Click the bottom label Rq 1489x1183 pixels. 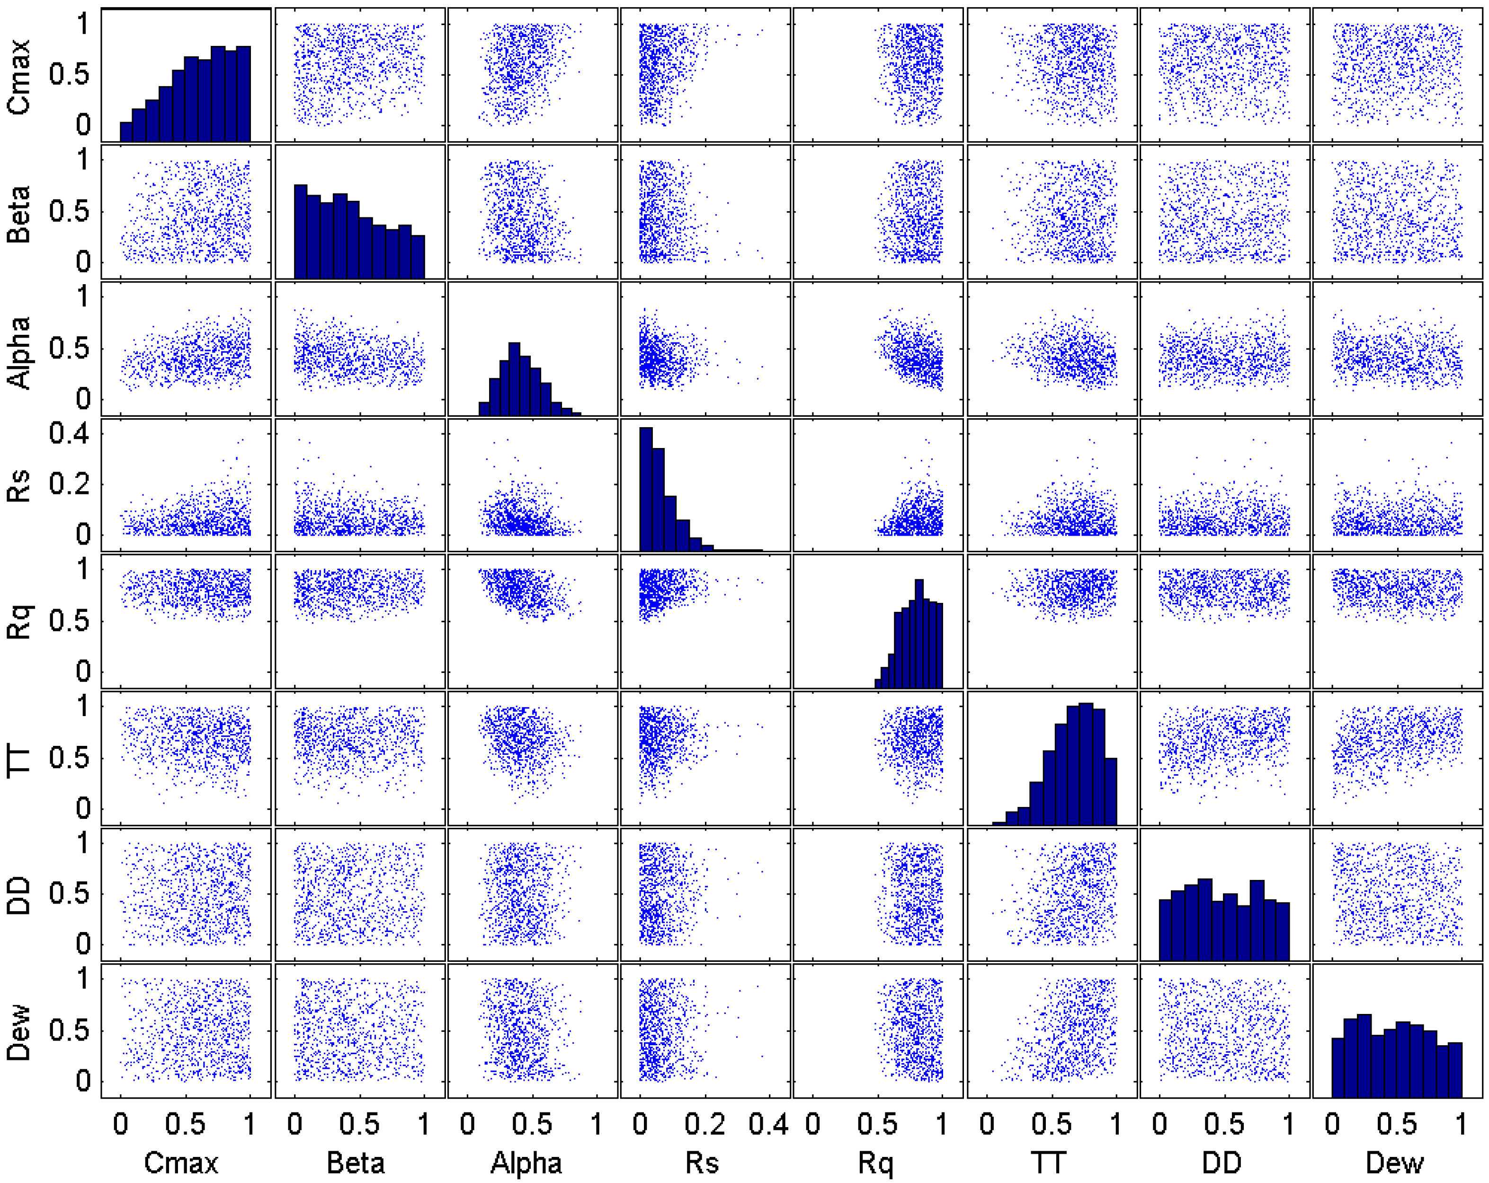(x=876, y=1164)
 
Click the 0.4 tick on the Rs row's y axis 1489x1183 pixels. (x=70, y=434)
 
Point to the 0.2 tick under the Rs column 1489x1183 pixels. (x=704, y=1125)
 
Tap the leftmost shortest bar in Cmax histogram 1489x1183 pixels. (x=125, y=132)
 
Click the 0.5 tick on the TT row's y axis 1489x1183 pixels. (x=70, y=758)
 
